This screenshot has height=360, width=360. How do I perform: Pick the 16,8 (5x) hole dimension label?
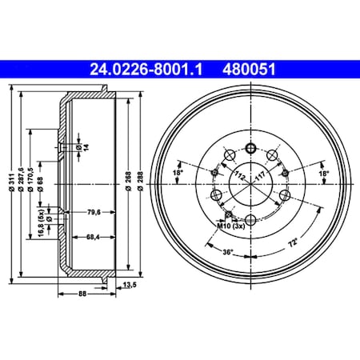click(x=40, y=222)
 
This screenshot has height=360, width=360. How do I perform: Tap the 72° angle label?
click(x=294, y=241)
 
